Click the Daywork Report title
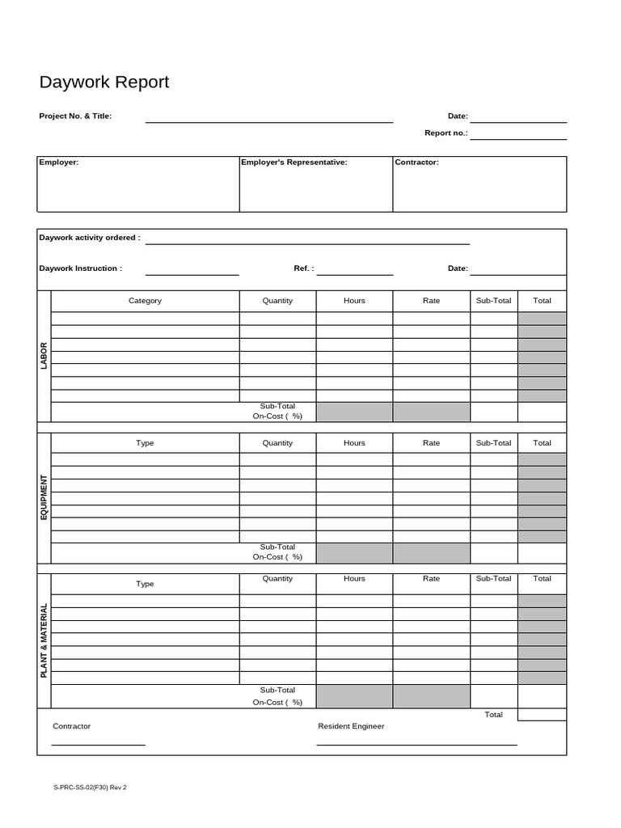coord(104,82)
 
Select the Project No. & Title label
coord(75,116)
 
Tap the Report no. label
coord(446,133)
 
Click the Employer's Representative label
coord(294,163)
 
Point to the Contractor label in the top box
coord(416,163)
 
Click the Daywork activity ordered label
coord(90,238)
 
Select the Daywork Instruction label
coord(81,268)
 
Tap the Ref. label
coord(303,268)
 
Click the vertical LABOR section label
coord(44,356)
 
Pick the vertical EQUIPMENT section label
coord(44,496)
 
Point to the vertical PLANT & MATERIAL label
coord(44,640)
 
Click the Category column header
coord(145,301)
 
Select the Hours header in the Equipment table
coord(354,443)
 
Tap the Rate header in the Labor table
coord(431,301)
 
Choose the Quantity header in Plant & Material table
coord(277,579)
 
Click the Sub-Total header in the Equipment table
coord(493,443)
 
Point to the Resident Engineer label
coord(351,726)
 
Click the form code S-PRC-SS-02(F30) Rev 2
coord(90,787)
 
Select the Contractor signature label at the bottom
coord(72,726)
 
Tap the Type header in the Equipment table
coord(145,443)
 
